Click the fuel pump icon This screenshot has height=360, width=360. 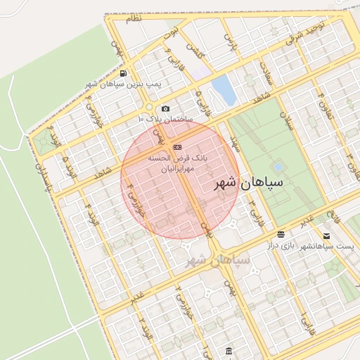coord(124,73)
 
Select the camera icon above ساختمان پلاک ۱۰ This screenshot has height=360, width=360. coord(165,108)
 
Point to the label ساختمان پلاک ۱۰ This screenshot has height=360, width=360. coord(164,119)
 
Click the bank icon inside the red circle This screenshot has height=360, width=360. coord(177,147)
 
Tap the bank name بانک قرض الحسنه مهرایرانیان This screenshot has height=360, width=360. coord(178,164)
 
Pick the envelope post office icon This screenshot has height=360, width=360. coord(326,236)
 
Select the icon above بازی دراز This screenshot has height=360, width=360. coord(281,234)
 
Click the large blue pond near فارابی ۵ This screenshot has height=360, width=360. coord(224,91)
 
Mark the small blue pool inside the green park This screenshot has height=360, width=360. coord(278,167)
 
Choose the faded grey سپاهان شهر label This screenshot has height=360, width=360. coord(218,260)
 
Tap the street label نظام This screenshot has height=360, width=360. coord(134,19)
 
